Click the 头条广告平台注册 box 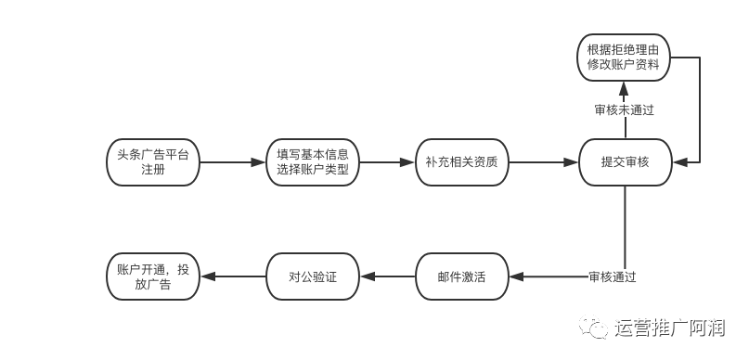153,162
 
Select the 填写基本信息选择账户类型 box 313,162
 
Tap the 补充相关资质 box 462,162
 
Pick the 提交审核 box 626,162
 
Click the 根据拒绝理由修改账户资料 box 624,58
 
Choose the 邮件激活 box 462,276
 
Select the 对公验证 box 313,276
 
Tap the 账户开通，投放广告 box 153,276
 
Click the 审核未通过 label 625,110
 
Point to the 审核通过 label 613,276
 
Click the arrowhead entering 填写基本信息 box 259,162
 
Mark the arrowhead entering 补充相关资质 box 408,162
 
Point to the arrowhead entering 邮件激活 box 516,276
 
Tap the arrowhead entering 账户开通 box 207,276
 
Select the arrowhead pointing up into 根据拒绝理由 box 625,88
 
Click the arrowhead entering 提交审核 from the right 679,162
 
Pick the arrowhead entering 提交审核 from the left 572,162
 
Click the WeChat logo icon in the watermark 593,327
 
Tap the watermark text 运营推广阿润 670,328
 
